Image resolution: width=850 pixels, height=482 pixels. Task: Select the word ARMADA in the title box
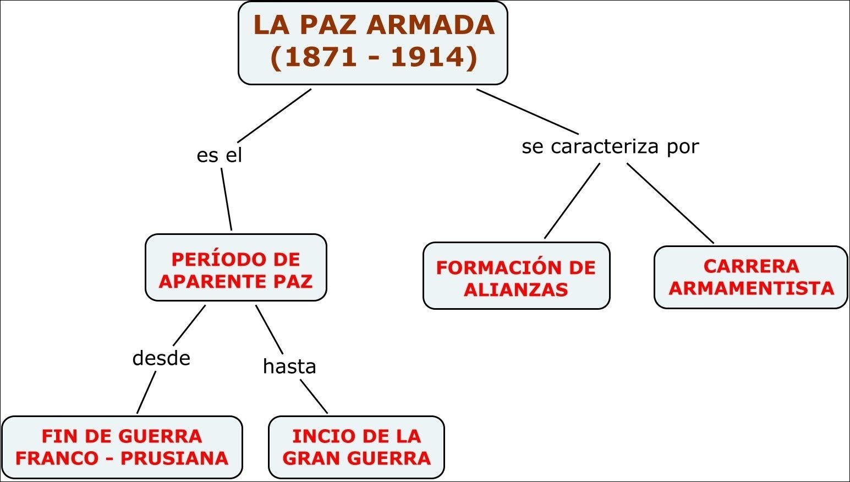point(430,25)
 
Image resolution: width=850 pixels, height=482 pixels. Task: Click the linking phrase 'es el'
point(219,155)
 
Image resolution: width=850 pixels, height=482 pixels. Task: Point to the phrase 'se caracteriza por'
point(610,146)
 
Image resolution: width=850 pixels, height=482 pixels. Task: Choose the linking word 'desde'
point(161,358)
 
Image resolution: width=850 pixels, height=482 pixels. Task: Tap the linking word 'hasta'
point(289,366)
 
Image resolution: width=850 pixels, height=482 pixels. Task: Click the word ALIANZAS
point(516,290)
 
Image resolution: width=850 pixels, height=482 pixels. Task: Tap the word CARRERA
point(751,266)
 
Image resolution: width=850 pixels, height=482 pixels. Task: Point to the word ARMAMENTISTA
point(751,288)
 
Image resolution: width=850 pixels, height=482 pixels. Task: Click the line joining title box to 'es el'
point(275,116)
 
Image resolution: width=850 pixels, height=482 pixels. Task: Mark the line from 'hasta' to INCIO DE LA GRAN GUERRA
point(314,396)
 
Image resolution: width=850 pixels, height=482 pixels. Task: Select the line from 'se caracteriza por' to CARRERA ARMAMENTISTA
point(670,203)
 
